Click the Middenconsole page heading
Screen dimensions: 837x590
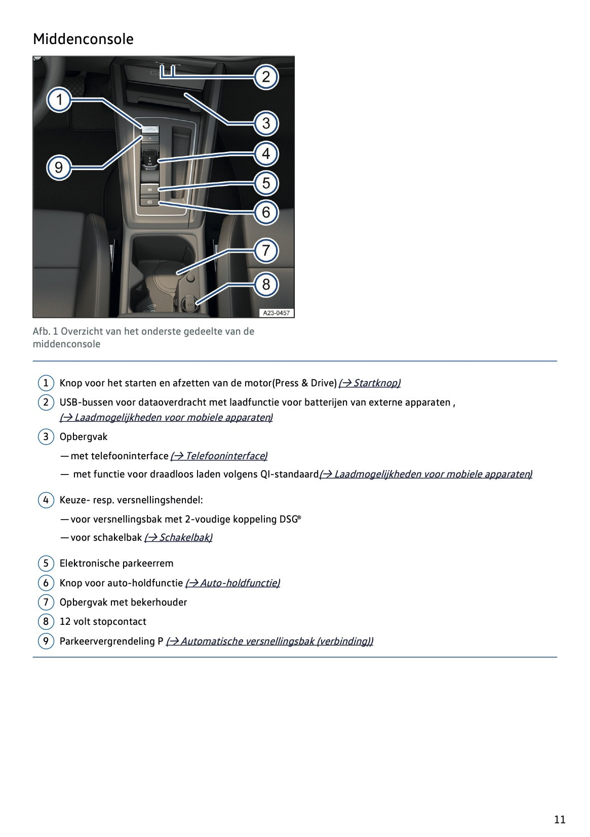[83, 39]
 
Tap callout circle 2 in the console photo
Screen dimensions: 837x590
[266, 77]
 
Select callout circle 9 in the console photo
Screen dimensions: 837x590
[59, 167]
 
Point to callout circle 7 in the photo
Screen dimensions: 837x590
[266, 251]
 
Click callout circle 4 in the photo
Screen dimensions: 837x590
[266, 153]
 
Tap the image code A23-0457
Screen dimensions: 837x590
[277, 313]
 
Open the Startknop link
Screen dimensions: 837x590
[369, 383]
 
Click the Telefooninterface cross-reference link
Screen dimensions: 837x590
[219, 456]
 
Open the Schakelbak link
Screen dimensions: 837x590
[178, 537]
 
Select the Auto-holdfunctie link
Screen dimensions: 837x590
[232, 583]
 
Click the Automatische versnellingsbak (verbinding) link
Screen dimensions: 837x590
[269, 641]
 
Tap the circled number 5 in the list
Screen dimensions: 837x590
[46, 564]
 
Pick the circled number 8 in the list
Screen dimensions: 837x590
[46, 622]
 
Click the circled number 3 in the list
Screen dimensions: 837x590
[46, 436]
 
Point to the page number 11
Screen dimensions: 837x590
[560, 819]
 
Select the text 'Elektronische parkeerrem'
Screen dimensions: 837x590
[116, 563]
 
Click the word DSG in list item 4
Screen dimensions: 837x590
[288, 519]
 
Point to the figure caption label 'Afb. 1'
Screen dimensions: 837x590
[46, 331]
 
